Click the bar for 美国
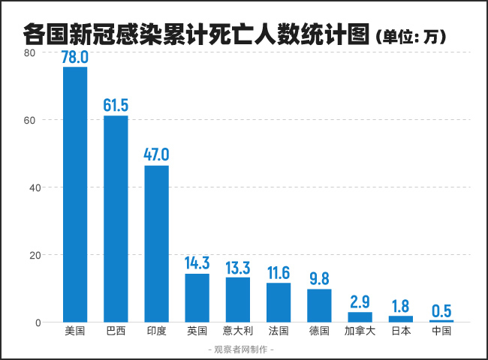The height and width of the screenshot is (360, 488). pyautogui.click(x=75, y=194)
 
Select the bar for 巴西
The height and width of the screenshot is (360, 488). pyautogui.click(x=116, y=218)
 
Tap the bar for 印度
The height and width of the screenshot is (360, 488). pyautogui.click(x=156, y=244)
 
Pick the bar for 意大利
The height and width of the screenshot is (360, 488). pyautogui.click(x=238, y=299)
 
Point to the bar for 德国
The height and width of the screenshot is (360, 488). pyautogui.click(x=319, y=305)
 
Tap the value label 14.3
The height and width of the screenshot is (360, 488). pyautogui.click(x=197, y=264)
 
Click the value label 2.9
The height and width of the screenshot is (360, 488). pyautogui.click(x=360, y=302)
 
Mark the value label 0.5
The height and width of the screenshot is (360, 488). pyautogui.click(x=441, y=310)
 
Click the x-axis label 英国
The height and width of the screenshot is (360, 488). pyautogui.click(x=197, y=330)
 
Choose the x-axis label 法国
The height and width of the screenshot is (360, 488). pyautogui.click(x=279, y=330)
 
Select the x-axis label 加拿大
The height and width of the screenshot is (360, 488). pyautogui.click(x=360, y=330)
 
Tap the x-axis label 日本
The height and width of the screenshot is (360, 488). pyautogui.click(x=401, y=330)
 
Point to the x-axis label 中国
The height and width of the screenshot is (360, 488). pyautogui.click(x=441, y=330)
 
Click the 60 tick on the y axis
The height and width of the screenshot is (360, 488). pyautogui.click(x=28, y=120)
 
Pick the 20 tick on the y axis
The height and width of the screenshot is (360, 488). pyautogui.click(x=28, y=255)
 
